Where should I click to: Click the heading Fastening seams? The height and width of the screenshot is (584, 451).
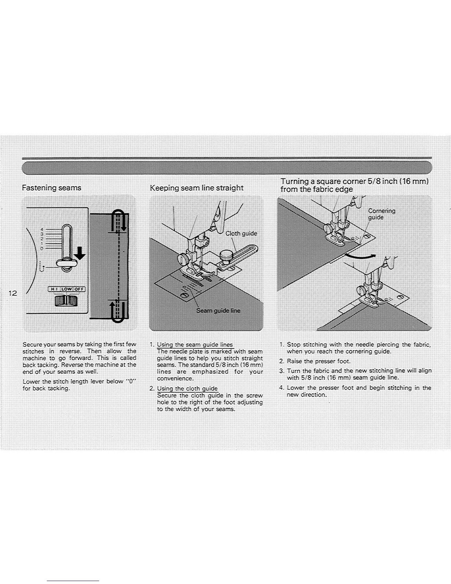pos(52,188)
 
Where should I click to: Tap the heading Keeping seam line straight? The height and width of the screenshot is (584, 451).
pos(196,188)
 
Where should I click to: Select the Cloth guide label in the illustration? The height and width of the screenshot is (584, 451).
pos(241,233)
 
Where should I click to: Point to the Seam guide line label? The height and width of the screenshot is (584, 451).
pos(218,310)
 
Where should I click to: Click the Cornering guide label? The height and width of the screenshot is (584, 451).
pos(382,214)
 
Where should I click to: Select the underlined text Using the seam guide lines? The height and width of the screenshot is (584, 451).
pos(195,345)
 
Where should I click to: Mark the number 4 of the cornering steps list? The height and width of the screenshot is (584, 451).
pos(281,387)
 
